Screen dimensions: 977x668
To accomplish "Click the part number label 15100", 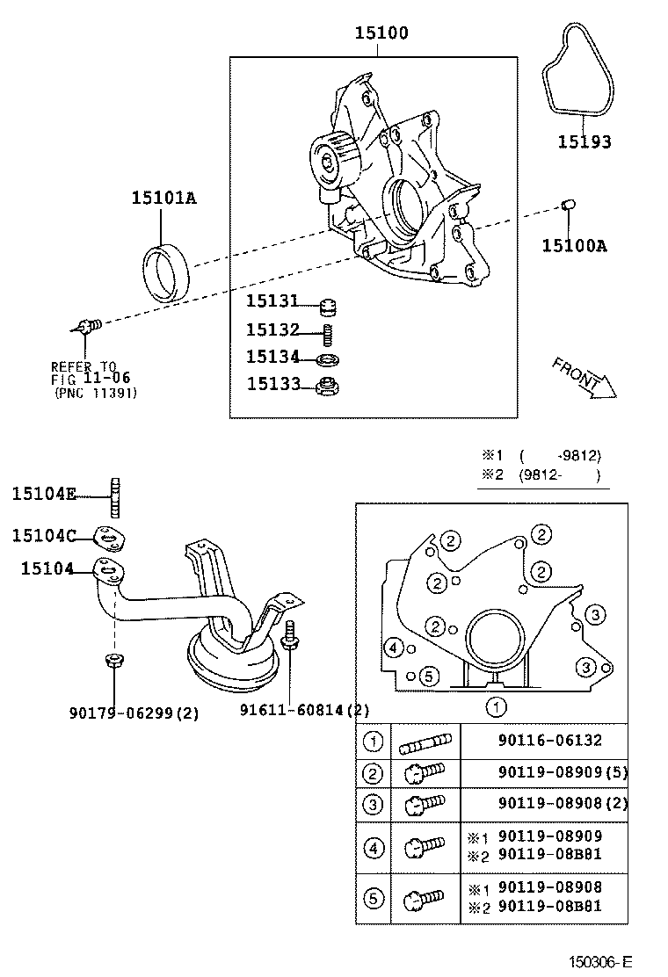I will coord(381,33).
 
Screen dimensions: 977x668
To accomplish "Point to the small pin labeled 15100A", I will coord(568,207).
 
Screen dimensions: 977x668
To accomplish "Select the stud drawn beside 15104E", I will coord(113,496).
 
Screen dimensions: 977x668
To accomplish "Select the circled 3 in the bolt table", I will coord(374,802).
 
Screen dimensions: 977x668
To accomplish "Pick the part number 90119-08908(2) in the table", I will coord(549,802).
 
